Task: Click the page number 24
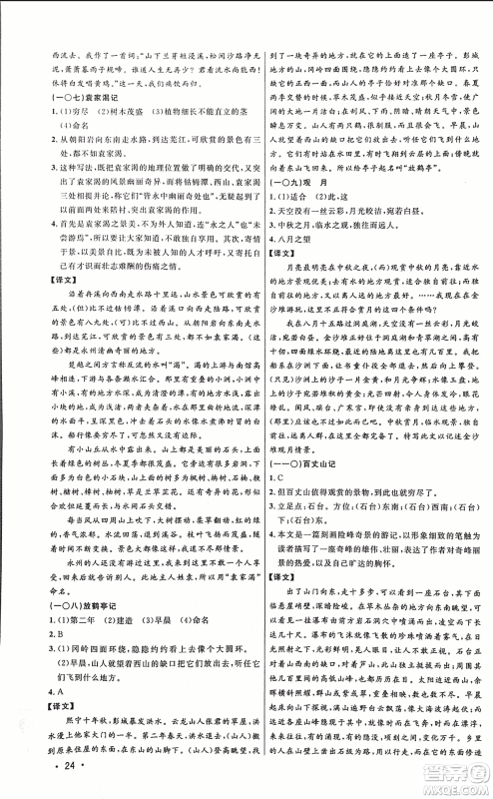(37, 777)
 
